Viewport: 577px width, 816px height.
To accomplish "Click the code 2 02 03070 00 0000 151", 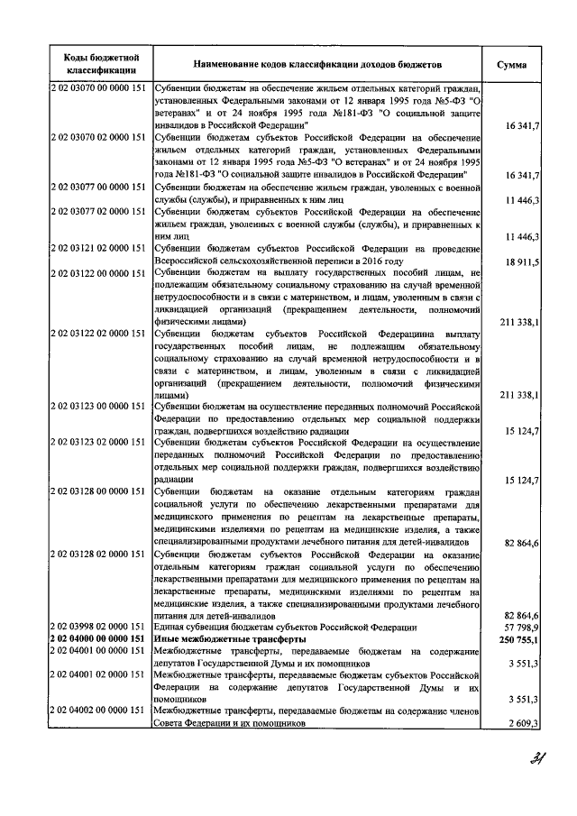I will coord(99,88).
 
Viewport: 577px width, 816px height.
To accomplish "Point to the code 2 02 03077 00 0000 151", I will coord(99,188).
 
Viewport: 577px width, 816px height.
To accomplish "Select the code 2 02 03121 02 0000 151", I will coord(99,246).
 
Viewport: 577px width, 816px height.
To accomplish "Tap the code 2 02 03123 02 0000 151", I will coord(99,443).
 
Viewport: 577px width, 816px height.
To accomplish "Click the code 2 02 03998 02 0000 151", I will coord(99,626).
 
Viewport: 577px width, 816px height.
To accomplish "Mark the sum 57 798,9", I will coord(521,626).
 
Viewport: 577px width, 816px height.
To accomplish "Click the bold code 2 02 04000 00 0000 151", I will coord(99,637).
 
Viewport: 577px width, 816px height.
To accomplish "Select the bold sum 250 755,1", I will coord(518,637).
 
